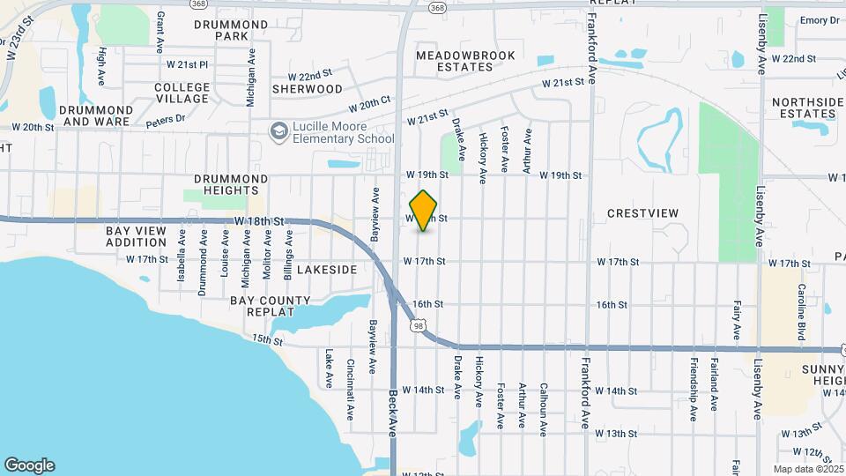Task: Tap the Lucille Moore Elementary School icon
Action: tap(279, 131)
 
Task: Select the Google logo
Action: tap(29, 465)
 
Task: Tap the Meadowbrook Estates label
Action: tap(453, 61)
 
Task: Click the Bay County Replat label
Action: tap(270, 306)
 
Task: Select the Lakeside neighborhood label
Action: tap(327, 269)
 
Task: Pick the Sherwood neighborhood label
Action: tap(307, 89)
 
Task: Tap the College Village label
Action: tap(182, 93)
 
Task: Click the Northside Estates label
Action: tap(807, 108)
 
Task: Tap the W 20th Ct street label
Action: tap(368, 105)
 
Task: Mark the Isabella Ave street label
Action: tap(182, 256)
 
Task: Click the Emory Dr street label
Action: tap(820, 20)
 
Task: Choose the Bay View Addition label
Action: tap(136, 235)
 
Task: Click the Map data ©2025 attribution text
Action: tap(806, 468)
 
